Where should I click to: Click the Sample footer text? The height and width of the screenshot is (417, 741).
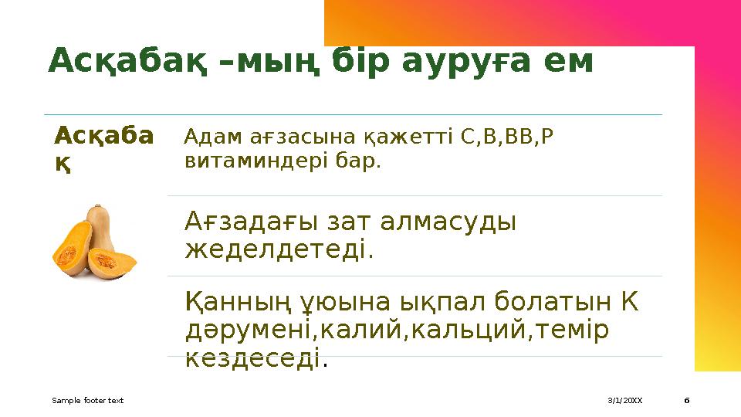(x=87, y=401)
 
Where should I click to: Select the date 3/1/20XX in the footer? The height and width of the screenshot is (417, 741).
(x=624, y=401)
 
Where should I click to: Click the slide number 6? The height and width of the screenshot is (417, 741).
(x=687, y=401)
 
